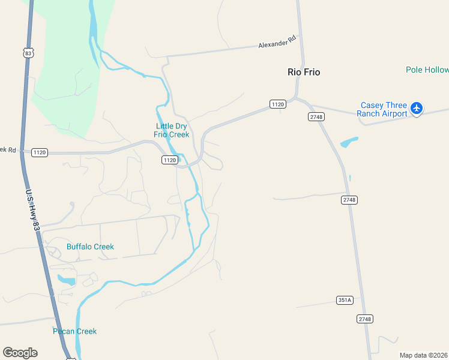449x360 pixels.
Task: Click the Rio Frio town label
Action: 304,72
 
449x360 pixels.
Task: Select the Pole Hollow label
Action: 427,70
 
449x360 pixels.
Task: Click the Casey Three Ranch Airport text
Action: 382,109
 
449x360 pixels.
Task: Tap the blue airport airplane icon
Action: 417,109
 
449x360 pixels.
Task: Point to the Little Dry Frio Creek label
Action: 172,130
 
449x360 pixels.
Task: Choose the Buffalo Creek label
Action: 90,247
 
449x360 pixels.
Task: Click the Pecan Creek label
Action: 74,331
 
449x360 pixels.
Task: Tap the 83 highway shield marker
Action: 28,53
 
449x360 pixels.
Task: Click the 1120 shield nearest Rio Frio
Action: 277,104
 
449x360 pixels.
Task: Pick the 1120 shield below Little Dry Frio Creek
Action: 169,160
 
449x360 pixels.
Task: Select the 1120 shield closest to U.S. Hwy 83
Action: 40,152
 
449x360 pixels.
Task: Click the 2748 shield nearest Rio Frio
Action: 316,116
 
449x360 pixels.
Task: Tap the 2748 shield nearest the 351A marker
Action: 364,319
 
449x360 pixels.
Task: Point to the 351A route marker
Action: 344,300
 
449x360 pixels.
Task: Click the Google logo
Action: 20,353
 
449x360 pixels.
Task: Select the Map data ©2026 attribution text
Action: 423,355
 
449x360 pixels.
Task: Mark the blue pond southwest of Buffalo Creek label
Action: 66,280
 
